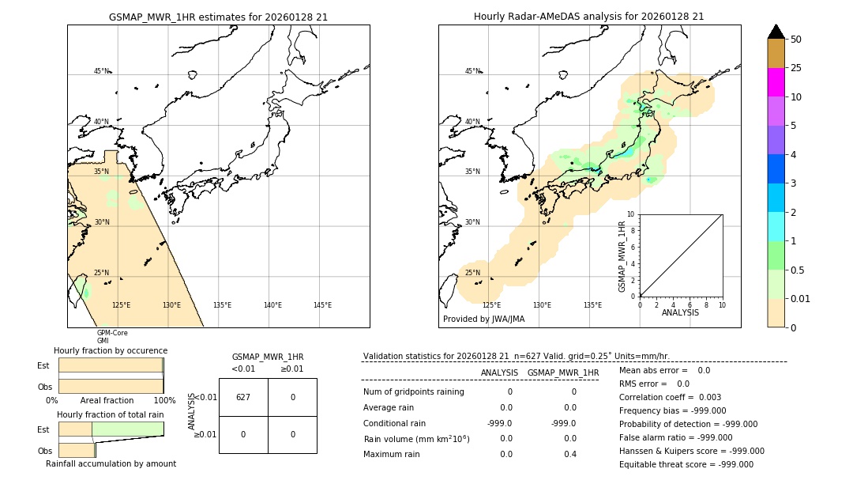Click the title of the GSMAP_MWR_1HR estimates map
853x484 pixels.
pyautogui.click(x=218, y=17)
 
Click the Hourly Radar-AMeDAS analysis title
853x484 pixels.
pyautogui.click(x=588, y=17)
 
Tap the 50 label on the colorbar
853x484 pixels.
pyautogui.click(x=796, y=40)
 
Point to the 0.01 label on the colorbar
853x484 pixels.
pyautogui.click(x=801, y=299)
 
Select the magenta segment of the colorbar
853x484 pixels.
pyautogui.click(x=776, y=82)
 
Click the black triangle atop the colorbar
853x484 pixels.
pyautogui.click(x=776, y=32)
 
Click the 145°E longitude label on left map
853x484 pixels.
pyautogui.click(x=322, y=305)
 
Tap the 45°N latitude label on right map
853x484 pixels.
pyautogui.click(x=472, y=71)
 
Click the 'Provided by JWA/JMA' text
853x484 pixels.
pyautogui.click(x=483, y=320)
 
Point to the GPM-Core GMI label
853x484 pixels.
pyautogui.click(x=111, y=337)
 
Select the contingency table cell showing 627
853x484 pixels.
pyautogui.click(x=243, y=397)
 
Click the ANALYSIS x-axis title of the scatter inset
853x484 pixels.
pyautogui.click(x=681, y=312)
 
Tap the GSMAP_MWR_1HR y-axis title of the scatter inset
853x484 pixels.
pyautogui.click(x=622, y=256)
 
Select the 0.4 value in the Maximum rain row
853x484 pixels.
pyautogui.click(x=570, y=454)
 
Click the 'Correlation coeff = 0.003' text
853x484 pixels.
pyautogui.click(x=670, y=397)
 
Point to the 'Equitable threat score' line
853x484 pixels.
pyautogui.click(x=686, y=464)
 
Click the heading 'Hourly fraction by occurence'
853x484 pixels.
pyautogui.click(x=111, y=350)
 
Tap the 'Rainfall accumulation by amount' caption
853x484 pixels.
pyautogui.click(x=111, y=464)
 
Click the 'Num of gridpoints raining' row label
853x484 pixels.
pyautogui.click(x=413, y=391)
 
